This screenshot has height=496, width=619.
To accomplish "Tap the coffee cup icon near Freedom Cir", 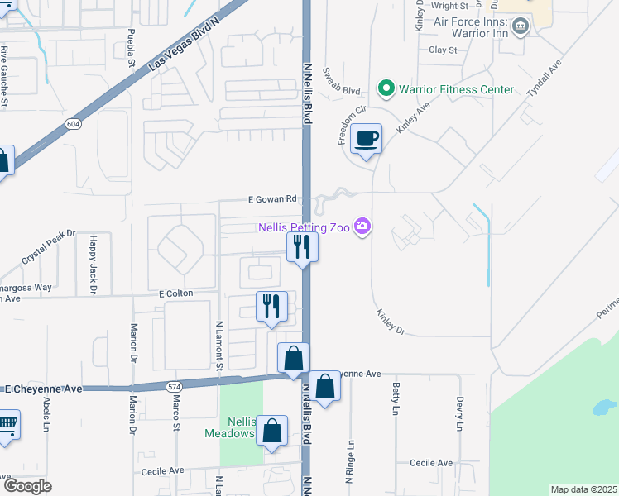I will click(x=366, y=138).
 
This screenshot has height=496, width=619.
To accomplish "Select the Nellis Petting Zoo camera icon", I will click(x=362, y=226).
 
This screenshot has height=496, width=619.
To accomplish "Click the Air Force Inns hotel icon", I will click(x=521, y=26).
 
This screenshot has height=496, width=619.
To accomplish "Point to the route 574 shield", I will click(x=174, y=386).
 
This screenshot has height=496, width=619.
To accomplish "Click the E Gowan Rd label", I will click(x=272, y=199).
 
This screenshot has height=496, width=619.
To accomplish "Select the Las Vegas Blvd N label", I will click(x=184, y=51).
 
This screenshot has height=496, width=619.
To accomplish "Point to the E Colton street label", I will click(x=175, y=293).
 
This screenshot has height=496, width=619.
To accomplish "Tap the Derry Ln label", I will click(x=458, y=413).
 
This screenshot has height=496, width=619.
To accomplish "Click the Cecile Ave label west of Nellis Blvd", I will click(x=162, y=470).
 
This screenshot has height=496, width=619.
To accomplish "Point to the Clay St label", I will click(x=443, y=50).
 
